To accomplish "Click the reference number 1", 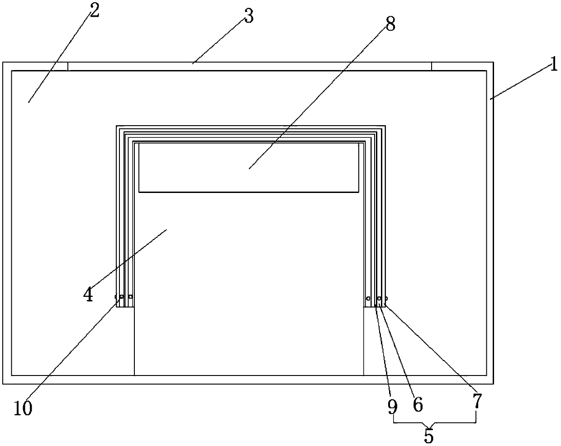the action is click(553, 66).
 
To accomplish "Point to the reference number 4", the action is click(88, 295).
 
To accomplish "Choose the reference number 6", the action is click(418, 405).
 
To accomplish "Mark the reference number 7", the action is click(477, 400).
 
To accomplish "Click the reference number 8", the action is click(390, 23).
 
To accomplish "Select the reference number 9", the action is click(392, 407).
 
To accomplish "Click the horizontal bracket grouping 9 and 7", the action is click(434, 423).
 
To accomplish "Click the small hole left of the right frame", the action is click(368, 298).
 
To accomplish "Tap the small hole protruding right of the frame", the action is click(386, 298).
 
